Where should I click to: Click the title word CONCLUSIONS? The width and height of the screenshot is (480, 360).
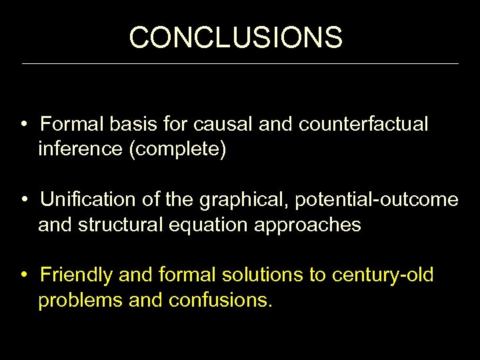[x=236, y=37]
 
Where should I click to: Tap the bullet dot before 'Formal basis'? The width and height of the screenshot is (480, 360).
[x=23, y=125]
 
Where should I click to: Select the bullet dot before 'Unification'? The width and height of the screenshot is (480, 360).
[x=23, y=200]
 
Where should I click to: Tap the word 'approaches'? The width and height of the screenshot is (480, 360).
[x=308, y=225]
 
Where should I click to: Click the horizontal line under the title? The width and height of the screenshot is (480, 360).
[x=240, y=63]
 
